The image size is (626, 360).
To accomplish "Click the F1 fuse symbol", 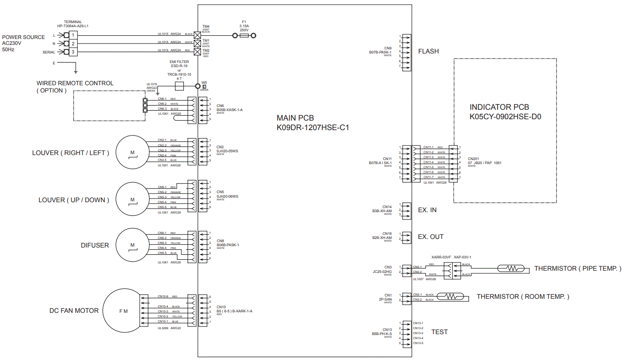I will (244, 35).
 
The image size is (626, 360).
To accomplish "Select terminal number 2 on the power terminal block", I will (73, 43).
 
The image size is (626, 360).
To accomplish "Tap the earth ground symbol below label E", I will (76, 70).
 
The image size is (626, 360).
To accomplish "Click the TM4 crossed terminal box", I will (197, 34).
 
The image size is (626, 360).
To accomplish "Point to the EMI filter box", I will (179, 86).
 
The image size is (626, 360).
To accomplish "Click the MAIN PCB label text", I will (295, 118).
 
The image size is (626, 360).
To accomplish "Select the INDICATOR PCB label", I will (499, 107).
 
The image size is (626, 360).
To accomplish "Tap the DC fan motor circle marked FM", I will (123, 311).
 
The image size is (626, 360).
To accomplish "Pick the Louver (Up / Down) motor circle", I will (132, 200).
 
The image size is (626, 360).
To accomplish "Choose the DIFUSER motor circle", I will (132, 245).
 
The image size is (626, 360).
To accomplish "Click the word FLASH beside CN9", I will (428, 51).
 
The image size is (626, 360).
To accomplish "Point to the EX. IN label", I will (427, 210).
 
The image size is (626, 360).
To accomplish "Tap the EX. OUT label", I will (430, 237).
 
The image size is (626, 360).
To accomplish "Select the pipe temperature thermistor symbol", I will (512, 268).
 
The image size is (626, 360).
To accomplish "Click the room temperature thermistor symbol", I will (450, 297).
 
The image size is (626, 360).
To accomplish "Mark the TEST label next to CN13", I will (439, 332).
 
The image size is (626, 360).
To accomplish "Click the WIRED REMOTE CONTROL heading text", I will (75, 83).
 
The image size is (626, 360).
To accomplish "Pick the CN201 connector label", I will (473, 159).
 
